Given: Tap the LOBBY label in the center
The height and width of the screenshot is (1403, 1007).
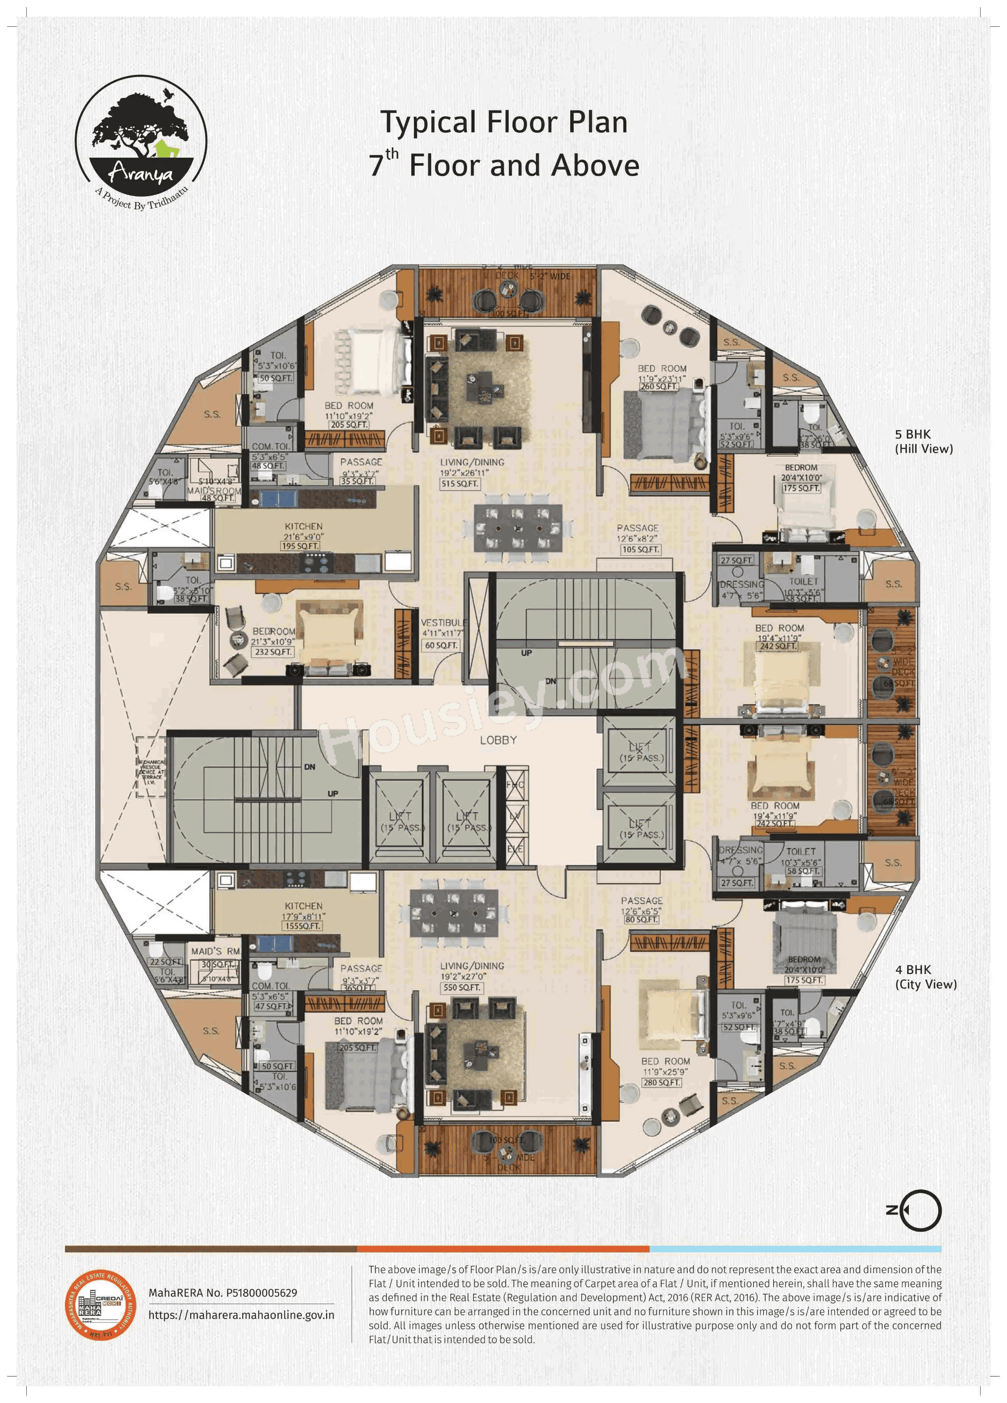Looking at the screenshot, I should pos(498,740).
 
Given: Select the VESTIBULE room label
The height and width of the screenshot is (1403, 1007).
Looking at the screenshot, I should pos(444,622).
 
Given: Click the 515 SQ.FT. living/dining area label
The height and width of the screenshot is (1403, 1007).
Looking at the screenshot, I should pos(460,484).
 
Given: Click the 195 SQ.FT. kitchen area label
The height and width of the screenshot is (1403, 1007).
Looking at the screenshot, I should pos(300,546).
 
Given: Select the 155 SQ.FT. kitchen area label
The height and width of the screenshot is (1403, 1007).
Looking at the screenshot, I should pos(303,926).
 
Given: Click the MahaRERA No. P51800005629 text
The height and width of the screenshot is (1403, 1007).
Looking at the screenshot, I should pos(223,1293).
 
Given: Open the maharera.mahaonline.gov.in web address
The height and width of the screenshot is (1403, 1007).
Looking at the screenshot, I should pos(241,1315).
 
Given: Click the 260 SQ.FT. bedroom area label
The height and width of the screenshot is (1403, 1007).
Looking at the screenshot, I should pos(659,387).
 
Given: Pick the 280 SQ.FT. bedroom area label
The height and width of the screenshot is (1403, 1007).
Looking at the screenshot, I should pos(662,1083).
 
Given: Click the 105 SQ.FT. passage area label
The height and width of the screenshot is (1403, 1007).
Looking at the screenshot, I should pos(641,549).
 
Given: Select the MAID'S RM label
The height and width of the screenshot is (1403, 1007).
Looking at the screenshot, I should pos(215,951).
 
